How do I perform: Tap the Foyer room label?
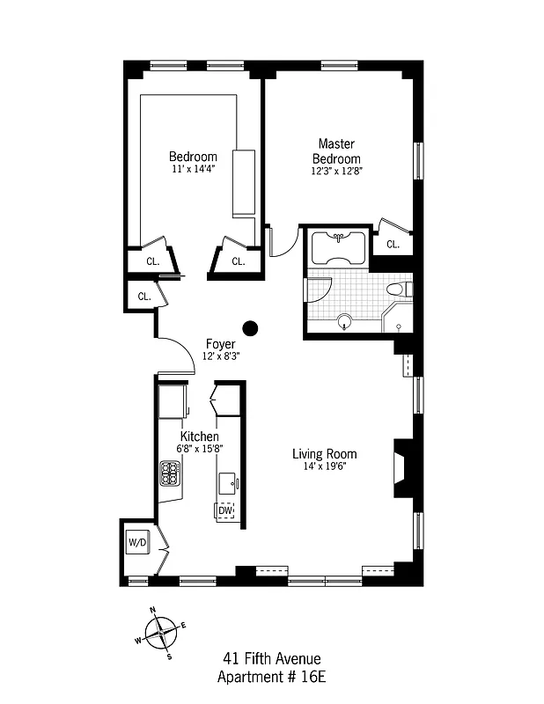220,343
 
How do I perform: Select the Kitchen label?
200,436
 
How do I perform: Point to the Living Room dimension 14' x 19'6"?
325,466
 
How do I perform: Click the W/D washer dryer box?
138,542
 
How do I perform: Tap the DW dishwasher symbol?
225,510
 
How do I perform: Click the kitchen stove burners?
170,474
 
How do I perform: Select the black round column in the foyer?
251,329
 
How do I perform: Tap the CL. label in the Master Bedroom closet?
393,245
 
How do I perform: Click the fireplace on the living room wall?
401,461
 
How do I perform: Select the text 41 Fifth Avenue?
271,658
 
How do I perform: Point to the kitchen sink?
228,482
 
